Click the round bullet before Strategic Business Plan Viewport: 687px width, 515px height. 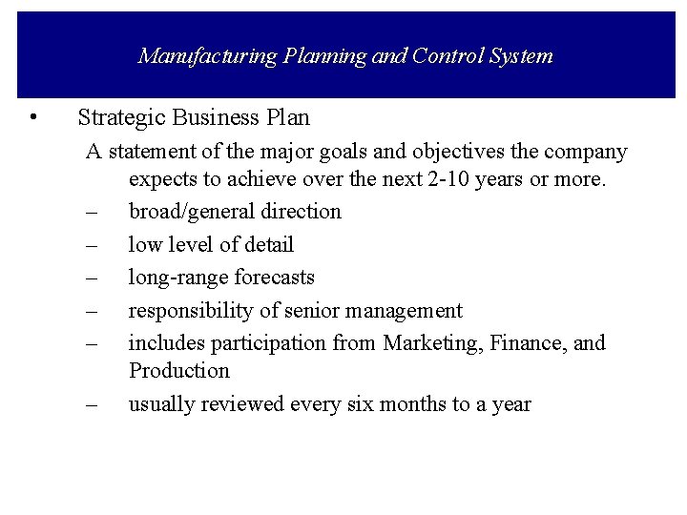(x=33, y=118)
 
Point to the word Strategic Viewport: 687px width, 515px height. (x=119, y=118)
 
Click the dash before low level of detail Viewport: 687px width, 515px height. (x=92, y=245)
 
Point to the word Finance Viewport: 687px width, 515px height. (x=525, y=342)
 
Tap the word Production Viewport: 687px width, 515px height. (x=179, y=370)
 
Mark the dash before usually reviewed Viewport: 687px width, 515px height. (x=92, y=404)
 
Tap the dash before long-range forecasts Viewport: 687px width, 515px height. (x=92, y=278)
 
